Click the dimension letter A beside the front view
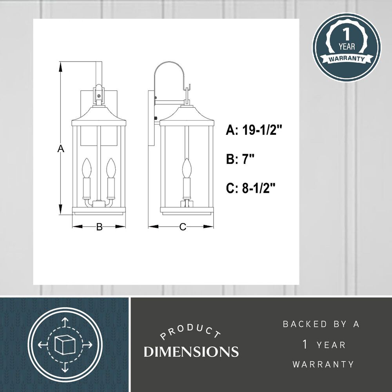coord(61,149)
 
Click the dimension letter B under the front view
coord(100,227)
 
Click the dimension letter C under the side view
coord(183,227)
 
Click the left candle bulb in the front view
coord(87,167)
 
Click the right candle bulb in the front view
coord(111,167)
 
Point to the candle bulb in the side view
coord(187,167)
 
